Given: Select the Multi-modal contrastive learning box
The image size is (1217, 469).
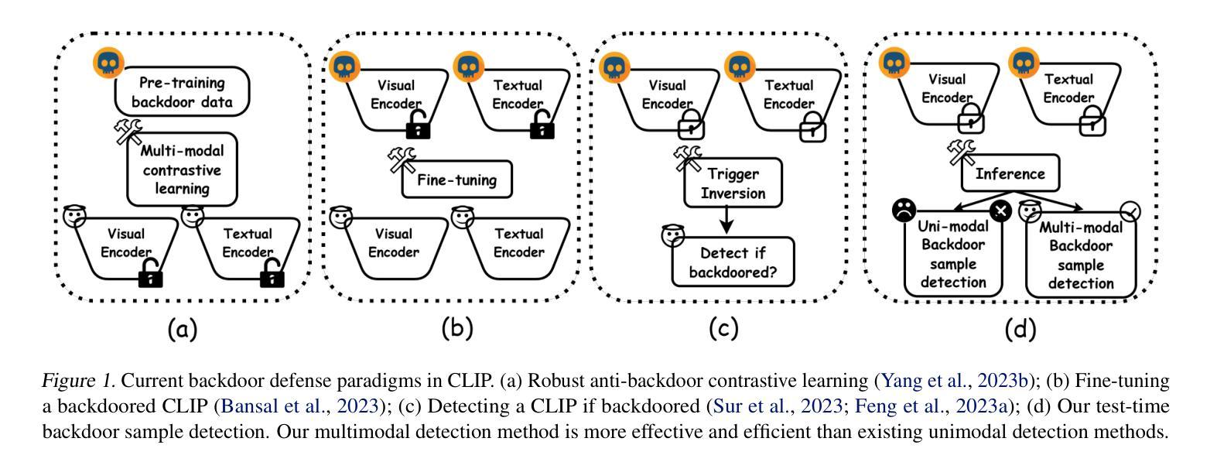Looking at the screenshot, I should (181, 169).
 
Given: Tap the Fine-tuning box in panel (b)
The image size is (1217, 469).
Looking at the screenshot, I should (456, 180).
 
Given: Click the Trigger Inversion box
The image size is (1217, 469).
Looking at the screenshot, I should (733, 183).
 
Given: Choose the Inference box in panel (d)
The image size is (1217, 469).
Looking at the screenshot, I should (1010, 174).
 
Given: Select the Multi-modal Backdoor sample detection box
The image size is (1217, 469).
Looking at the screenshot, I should (1080, 255).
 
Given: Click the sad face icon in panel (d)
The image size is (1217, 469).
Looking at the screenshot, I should (904, 209).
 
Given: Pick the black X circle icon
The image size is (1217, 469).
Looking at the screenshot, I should (1000, 210).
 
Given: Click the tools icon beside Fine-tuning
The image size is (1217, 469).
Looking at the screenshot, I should (402, 160).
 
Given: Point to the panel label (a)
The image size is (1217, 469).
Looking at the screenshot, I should (183, 330).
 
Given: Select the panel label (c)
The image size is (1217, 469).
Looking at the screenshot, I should (723, 328).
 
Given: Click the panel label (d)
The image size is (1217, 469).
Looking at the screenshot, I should (1020, 330).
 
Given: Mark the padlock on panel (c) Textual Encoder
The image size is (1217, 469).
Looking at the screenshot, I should (812, 125).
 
